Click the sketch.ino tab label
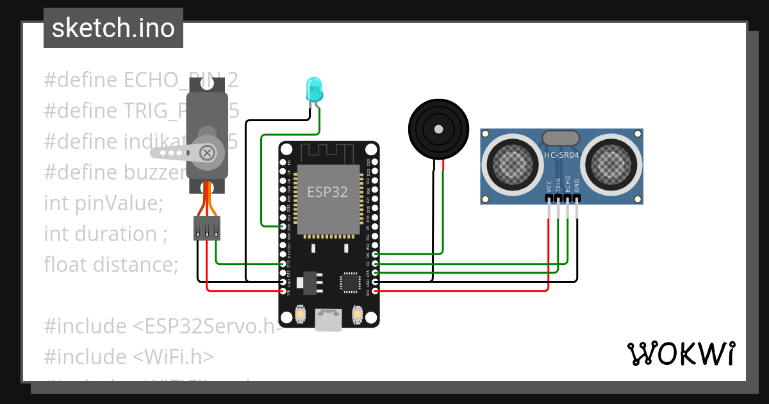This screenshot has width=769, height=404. [x=113, y=28]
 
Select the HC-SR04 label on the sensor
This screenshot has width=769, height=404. [x=561, y=155]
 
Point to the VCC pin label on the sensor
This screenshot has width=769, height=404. [x=549, y=186]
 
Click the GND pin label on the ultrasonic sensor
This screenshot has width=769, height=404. [x=577, y=186]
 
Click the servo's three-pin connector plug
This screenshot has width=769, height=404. [x=207, y=228]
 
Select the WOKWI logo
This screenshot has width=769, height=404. [x=680, y=353]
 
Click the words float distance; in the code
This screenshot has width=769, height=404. [x=111, y=264]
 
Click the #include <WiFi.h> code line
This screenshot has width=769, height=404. [x=128, y=357]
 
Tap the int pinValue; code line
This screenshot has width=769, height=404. [x=104, y=203]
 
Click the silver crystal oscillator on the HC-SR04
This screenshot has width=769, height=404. [x=561, y=137]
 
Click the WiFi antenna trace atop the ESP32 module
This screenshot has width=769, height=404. [x=328, y=153]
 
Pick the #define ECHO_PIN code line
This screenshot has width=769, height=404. [x=128, y=80]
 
